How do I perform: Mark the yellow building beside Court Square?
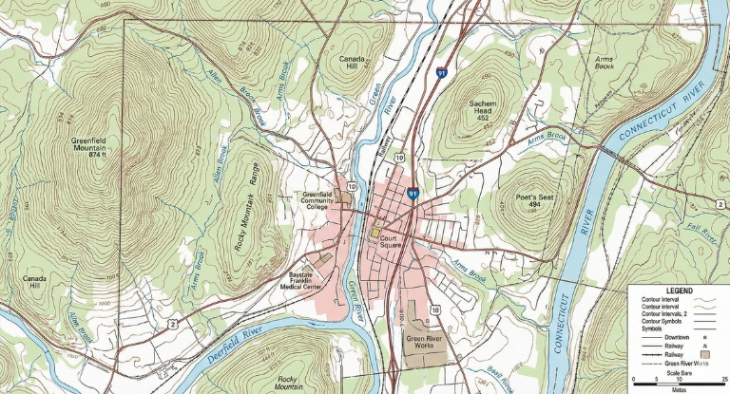click(x=375, y=233)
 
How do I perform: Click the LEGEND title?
click(x=679, y=291)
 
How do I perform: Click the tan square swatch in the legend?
click(x=705, y=354)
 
